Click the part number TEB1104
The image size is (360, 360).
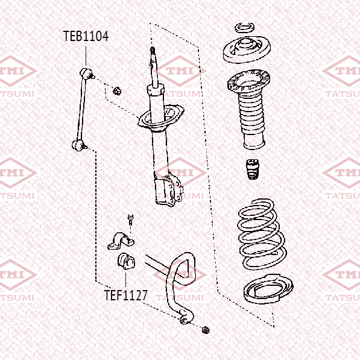pyautogui.click(x=86, y=36)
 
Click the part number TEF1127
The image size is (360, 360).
pyautogui.click(x=125, y=295)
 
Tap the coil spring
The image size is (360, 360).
pyautogui.click(x=262, y=234)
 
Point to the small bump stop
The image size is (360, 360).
pyautogui.click(x=252, y=169)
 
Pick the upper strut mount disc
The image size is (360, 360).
pyautogui.click(x=247, y=49)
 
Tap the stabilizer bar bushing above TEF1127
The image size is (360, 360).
pyautogui.click(x=126, y=261)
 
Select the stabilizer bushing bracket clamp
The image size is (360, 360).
pyautogui.click(x=121, y=241)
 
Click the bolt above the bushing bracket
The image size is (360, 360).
pyautogui.click(x=130, y=219)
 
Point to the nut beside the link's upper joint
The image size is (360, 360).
pyautogui.click(x=117, y=91)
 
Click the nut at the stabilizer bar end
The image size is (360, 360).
pyautogui.click(x=206, y=330)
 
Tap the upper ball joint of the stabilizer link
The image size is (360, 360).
pyautogui.click(x=87, y=74)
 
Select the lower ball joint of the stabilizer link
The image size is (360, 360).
pyautogui.click(x=79, y=145)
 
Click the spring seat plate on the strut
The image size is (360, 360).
pyautogui.click(x=161, y=118)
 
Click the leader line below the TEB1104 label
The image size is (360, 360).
pyautogui.click(x=86, y=56)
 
